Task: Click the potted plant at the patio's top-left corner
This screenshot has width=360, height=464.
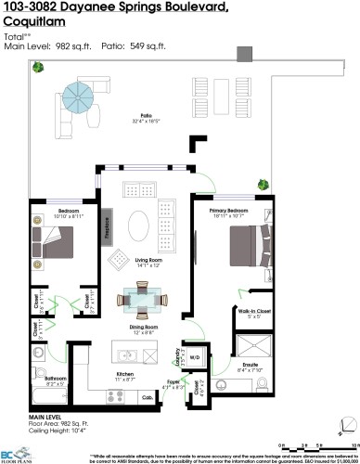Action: tap(38, 68)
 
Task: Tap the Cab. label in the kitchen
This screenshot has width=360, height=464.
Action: tap(147, 397)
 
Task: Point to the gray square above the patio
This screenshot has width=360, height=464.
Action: tap(245, 52)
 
